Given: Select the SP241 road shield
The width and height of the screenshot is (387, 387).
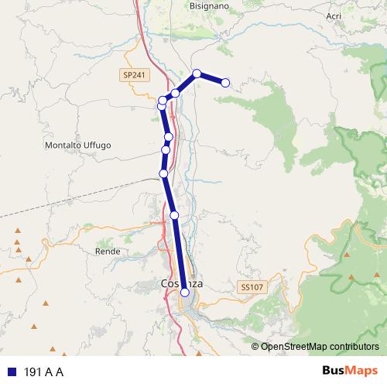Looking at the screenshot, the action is (132, 74).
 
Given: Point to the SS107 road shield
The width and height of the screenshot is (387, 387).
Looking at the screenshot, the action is (250, 286).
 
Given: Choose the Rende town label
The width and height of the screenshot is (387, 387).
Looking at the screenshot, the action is (106, 252).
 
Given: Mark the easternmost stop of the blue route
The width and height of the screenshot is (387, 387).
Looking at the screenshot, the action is (226, 82).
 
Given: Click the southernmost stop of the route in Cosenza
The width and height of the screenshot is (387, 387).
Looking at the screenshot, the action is (184, 293).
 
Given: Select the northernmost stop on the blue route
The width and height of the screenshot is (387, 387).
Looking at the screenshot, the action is (197, 74).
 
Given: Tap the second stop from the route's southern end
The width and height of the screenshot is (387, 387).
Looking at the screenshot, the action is (175, 214).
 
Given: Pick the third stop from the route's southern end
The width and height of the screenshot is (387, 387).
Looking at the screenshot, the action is (163, 173).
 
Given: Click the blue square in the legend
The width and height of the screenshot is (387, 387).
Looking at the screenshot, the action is (12, 372).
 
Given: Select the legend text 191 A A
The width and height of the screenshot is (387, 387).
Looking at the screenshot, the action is (43, 372).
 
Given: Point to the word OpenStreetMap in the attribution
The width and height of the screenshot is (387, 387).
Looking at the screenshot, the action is (296, 346).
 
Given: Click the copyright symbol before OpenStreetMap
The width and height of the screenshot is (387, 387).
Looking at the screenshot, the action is (255, 346).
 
